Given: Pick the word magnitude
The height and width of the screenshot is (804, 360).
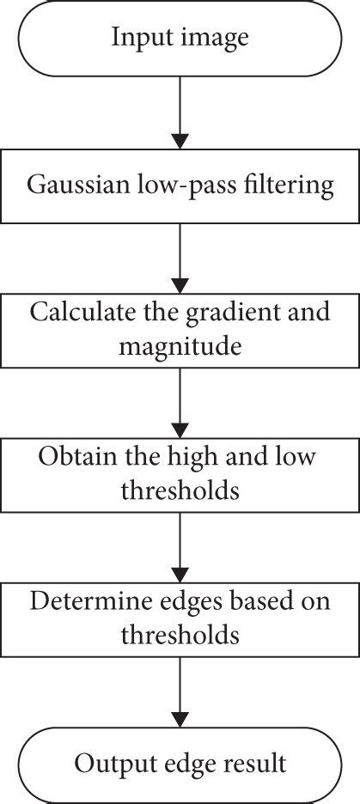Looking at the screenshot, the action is [180, 348].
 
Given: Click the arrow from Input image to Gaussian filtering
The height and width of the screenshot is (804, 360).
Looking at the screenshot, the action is [180, 113].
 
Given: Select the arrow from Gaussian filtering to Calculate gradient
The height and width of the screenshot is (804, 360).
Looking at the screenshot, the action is [180, 259].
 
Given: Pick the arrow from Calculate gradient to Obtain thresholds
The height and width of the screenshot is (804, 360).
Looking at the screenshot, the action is [180, 403].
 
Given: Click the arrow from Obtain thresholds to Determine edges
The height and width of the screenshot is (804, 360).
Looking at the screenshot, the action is [180, 548].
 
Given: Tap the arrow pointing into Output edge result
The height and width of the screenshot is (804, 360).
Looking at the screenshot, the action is [180, 692].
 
